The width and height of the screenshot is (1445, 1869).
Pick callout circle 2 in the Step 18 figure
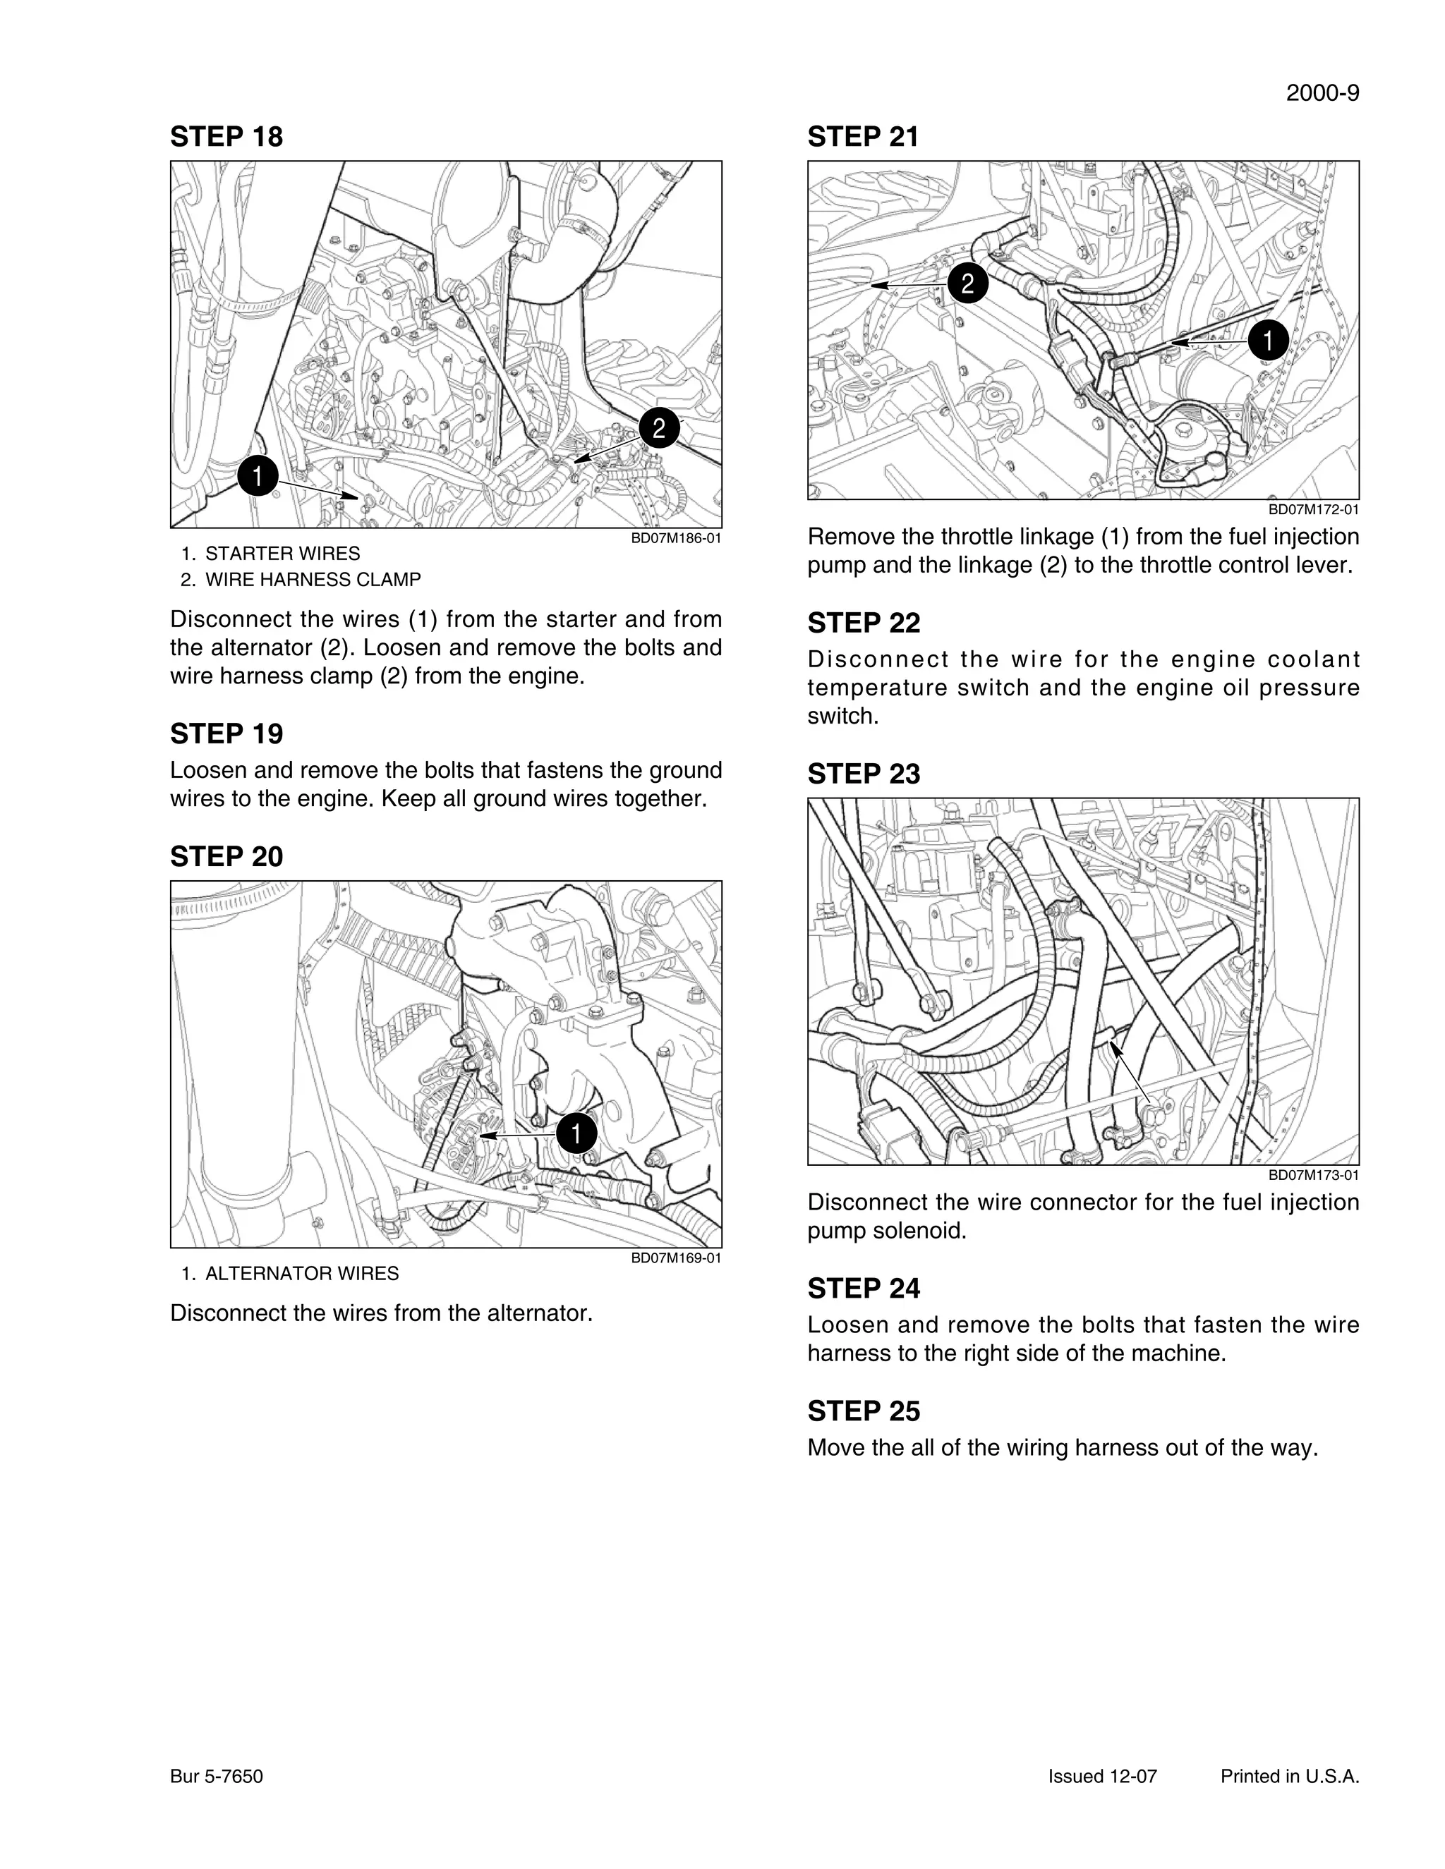point(658,428)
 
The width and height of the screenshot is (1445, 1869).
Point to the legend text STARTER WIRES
point(282,554)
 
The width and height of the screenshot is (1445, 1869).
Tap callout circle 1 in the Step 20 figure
point(576,1134)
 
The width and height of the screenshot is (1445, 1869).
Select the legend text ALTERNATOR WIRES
point(301,1273)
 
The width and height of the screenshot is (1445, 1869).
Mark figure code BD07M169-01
point(675,1258)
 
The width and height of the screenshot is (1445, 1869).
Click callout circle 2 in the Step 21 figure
point(967,284)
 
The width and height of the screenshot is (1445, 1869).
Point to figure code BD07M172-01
point(1313,510)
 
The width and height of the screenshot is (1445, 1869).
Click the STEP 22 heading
point(863,623)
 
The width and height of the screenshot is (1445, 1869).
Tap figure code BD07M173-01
point(1313,1175)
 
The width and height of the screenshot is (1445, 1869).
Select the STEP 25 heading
point(863,1411)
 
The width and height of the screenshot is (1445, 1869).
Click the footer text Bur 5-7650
point(217,1777)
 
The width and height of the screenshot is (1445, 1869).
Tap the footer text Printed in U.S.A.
point(1289,1777)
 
